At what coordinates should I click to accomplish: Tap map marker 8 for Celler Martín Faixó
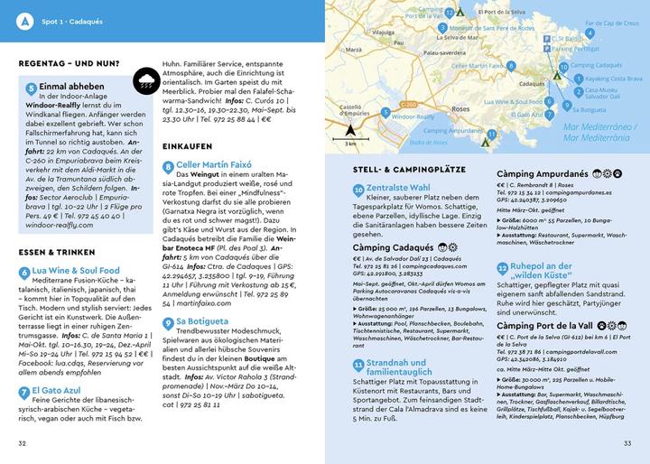tap(510, 66)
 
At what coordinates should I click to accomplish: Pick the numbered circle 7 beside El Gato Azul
tap(24, 392)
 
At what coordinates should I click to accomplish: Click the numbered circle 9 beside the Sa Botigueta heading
tap(167, 320)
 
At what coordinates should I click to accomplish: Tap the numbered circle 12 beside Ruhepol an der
tap(503, 267)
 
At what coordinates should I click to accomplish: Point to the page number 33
tap(627, 442)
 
